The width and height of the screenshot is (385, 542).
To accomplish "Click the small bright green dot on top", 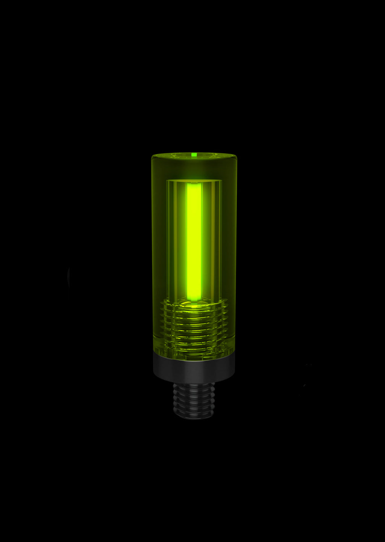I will click(x=194, y=154).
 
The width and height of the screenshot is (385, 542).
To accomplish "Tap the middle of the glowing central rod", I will click(x=194, y=240).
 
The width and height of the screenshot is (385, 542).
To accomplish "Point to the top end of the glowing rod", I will click(x=194, y=184).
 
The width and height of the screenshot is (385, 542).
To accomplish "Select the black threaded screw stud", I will click(x=194, y=400).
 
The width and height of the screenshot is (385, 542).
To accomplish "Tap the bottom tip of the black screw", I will click(x=194, y=417).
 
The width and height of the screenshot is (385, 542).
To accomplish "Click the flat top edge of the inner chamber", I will click(x=194, y=180).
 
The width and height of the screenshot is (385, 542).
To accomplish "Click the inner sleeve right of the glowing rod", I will click(x=212, y=240).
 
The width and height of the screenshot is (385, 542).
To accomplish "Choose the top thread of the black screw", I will click(x=194, y=386).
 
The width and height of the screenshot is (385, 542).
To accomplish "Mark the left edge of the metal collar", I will click(x=155, y=368).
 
